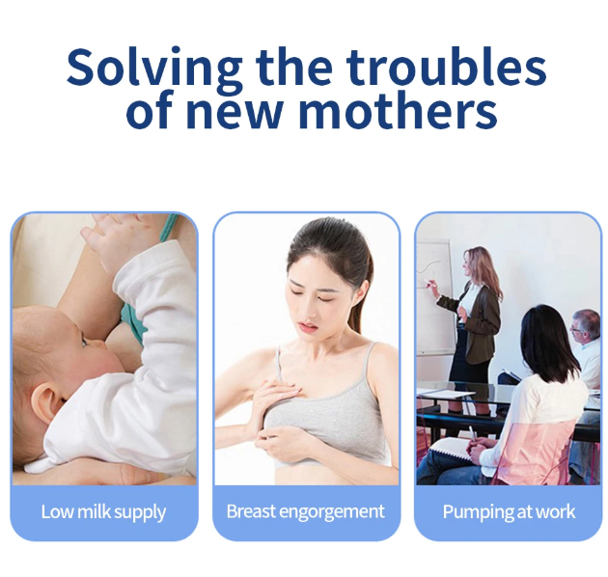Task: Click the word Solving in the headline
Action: coord(154,68)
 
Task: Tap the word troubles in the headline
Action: coord(446,68)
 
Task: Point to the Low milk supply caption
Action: coord(103,511)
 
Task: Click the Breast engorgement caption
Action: coord(305,511)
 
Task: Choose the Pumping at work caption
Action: coord(508,511)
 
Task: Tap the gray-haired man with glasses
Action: coord(586,333)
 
